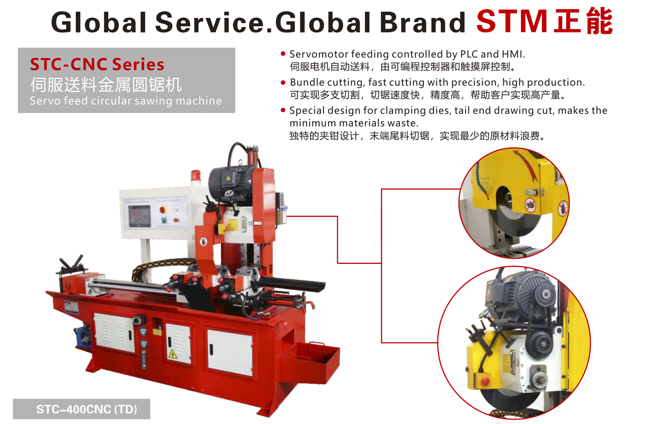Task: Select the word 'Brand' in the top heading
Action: (x=423, y=22)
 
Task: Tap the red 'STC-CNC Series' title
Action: (x=97, y=64)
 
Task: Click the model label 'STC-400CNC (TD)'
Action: (x=87, y=409)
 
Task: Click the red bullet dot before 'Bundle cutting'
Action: (x=283, y=82)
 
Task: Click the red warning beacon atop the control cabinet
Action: (x=196, y=176)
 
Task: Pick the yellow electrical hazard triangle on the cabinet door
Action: (x=173, y=354)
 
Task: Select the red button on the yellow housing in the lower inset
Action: (x=485, y=381)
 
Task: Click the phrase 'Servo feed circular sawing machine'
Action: (x=126, y=101)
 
